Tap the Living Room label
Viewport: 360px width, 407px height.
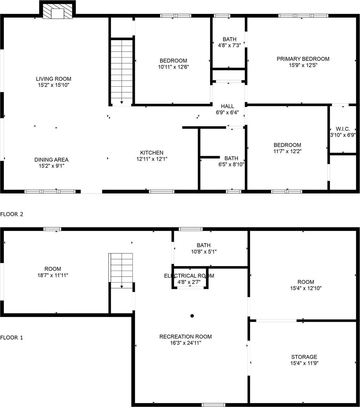click(x=53, y=79)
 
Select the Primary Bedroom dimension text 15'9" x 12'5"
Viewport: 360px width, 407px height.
click(x=303, y=65)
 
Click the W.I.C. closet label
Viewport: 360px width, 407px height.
click(x=343, y=129)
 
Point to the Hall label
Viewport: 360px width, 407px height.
click(x=227, y=106)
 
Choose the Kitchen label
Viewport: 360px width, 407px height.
click(x=152, y=153)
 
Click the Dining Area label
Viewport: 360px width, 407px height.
click(x=52, y=160)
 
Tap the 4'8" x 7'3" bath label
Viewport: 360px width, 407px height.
click(x=229, y=39)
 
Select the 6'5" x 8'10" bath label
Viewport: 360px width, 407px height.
click(x=231, y=158)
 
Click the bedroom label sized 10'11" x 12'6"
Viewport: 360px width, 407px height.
click(x=173, y=61)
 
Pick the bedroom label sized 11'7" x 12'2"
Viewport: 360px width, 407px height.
click(x=287, y=145)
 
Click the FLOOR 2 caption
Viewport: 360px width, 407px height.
click(x=12, y=214)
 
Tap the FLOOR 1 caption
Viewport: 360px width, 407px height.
click(x=12, y=337)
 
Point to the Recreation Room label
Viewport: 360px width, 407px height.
click(x=185, y=336)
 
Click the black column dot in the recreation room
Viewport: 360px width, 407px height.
click(x=192, y=316)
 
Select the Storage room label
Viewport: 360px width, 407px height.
click(x=304, y=357)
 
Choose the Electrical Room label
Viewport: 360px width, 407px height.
click(x=189, y=276)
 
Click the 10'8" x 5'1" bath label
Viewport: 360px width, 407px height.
click(x=204, y=245)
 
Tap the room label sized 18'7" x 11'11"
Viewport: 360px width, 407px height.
click(x=53, y=269)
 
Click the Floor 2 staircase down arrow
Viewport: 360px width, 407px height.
click(x=121, y=102)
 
